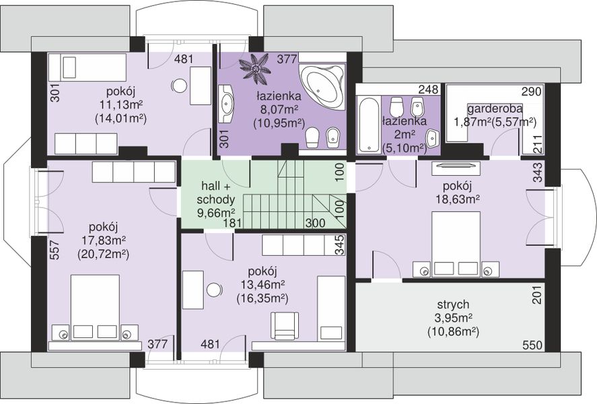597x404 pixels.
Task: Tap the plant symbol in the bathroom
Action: [x=255, y=68]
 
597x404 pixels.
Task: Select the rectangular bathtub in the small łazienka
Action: [x=368, y=125]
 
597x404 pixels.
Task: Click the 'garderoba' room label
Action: [x=495, y=108]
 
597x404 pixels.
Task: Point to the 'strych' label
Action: [x=453, y=304]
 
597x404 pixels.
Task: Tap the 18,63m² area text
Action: [x=457, y=199]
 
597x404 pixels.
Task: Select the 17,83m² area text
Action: [x=104, y=240]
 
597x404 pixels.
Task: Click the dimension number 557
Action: [x=55, y=249]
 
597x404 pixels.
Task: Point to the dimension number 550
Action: [x=532, y=345]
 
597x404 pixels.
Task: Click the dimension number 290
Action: [x=531, y=92]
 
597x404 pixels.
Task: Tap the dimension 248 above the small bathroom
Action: [x=428, y=90]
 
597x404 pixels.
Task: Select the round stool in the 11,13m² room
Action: [x=179, y=86]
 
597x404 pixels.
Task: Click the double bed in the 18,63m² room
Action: [x=456, y=244]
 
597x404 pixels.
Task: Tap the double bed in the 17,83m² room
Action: [x=95, y=308]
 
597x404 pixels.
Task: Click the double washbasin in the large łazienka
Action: [x=226, y=104]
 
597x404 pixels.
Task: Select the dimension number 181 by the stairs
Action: [x=231, y=223]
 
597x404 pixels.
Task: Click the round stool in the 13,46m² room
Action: [x=215, y=290]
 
